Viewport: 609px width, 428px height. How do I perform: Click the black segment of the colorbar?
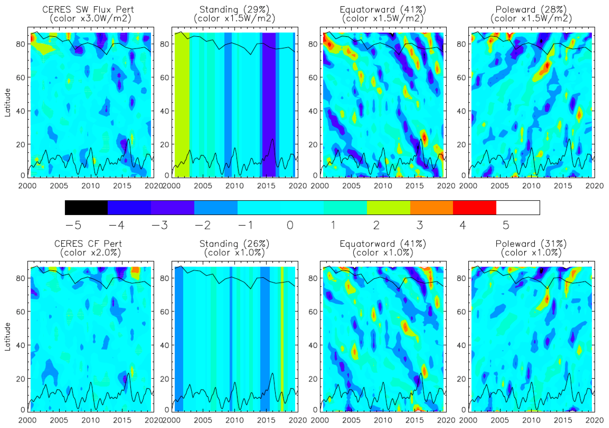(86, 208)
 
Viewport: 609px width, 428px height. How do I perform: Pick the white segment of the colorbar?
(518, 208)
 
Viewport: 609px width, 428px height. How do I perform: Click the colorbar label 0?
(290, 225)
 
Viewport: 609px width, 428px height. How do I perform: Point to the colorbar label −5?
(73, 225)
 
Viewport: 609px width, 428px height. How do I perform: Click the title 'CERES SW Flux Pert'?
(88, 10)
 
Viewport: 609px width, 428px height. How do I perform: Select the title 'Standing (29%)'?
(234, 10)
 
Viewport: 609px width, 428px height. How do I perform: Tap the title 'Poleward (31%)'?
(531, 244)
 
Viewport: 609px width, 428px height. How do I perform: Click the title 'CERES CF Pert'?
(88, 244)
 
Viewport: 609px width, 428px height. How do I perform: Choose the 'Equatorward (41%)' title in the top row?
(383, 10)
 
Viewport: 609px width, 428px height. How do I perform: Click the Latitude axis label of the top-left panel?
(7, 103)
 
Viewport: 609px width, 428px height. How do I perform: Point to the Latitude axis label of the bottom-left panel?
(7, 337)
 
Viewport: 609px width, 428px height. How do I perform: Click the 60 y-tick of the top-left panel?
(21, 78)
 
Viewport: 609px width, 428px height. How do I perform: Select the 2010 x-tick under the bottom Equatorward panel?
(383, 420)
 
